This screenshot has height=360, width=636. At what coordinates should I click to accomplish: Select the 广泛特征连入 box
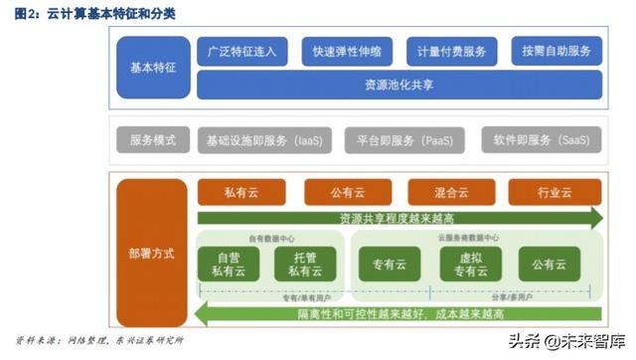pos(242,51)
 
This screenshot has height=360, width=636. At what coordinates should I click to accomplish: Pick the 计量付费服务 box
pos(451,51)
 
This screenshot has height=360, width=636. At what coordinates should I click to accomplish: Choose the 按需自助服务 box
pos(556,51)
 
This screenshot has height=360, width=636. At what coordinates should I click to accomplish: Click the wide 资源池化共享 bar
pos(398,86)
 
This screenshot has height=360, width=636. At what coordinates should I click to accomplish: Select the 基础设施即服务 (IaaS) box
pos(264,140)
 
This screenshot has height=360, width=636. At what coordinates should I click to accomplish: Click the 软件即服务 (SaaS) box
pos(542,140)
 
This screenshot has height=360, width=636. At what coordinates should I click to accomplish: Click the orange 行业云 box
pos(556,192)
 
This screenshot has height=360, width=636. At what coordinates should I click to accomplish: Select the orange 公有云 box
pos(348,192)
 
